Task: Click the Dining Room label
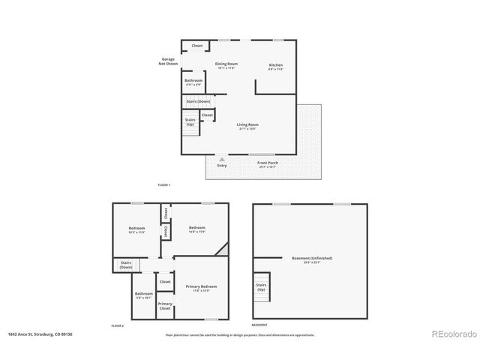[x=226, y=65]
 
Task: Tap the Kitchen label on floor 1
[x=276, y=65]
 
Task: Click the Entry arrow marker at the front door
[x=222, y=159]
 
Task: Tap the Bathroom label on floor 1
[x=193, y=81]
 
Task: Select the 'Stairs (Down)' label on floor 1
[x=198, y=101]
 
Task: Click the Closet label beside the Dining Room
[x=197, y=46]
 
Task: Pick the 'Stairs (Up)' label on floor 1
[x=190, y=121]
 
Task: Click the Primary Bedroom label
[x=202, y=286]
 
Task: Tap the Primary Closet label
[x=165, y=306]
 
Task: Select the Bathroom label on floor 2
[x=144, y=294]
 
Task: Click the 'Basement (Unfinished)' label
[x=312, y=259]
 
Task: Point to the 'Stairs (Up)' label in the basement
[x=262, y=287]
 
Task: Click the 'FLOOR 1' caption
[x=164, y=184]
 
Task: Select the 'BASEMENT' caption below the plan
[x=259, y=325]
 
